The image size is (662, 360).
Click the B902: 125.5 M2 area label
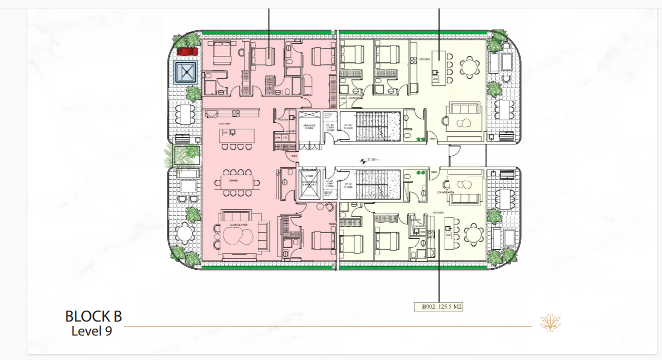tap(438, 307)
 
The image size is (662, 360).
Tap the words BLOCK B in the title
tap(93, 317)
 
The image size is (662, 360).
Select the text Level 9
tap(91, 331)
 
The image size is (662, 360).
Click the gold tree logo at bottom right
tap(550, 323)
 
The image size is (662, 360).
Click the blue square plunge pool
tap(187, 73)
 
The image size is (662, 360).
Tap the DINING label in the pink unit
tap(233, 181)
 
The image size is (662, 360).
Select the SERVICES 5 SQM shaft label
tap(310, 127)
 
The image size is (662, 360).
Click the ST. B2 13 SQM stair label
tap(347, 126)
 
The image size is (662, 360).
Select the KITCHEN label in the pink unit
tap(224, 123)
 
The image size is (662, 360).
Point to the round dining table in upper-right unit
tap(469, 66)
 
